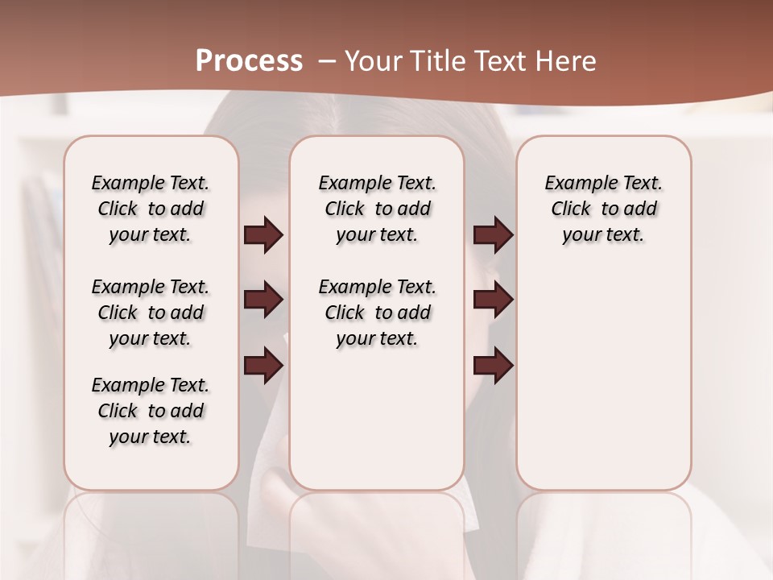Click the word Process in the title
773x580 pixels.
[249, 61]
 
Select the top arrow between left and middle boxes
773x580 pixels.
[263, 235]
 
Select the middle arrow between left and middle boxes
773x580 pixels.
[263, 300]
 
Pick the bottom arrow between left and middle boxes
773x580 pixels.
[263, 366]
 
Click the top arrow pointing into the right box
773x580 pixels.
[493, 235]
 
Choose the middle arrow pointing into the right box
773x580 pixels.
[493, 300]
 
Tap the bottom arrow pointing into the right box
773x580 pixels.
[493, 366]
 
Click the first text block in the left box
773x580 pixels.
[151, 209]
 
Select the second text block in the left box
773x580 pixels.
[151, 313]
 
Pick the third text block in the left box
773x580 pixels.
[151, 411]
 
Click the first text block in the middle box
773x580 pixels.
[377, 209]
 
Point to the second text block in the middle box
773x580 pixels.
[377, 313]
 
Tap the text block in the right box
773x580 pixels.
[603, 209]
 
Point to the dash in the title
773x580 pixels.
[326, 61]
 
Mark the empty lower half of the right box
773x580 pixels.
[603, 387]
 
